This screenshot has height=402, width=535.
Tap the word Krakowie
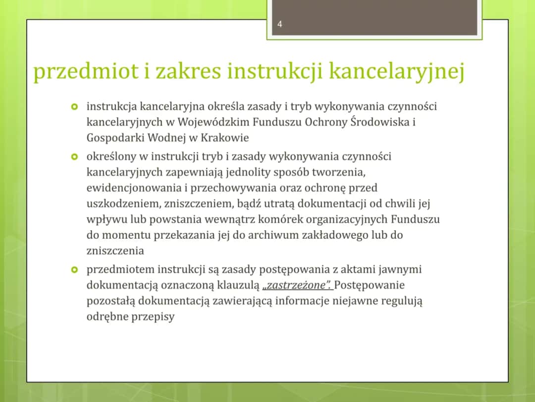tap(224, 137)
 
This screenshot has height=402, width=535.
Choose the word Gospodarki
tap(113, 137)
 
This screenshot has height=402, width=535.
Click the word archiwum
tap(275, 235)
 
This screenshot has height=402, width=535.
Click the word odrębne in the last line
tap(107, 317)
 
